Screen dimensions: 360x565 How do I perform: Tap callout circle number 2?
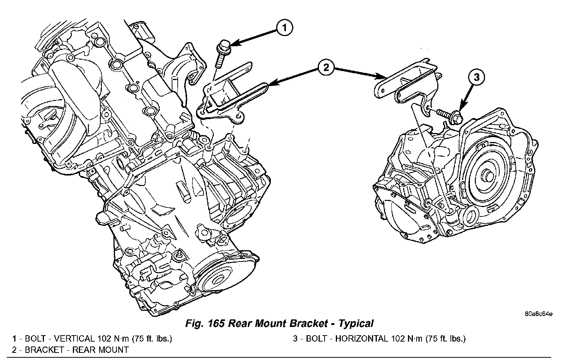pos(325,68)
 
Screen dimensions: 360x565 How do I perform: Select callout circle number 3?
pos(476,78)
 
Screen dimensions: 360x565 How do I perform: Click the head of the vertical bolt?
pos(225,45)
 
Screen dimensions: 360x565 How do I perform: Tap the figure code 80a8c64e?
pos(538,314)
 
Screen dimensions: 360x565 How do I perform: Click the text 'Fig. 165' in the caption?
pos(205,323)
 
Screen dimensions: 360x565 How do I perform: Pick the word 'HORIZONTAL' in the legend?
pos(361,339)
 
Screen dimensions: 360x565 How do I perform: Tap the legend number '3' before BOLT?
pos(296,339)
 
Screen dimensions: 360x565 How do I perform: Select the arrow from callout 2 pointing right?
pos(357,73)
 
